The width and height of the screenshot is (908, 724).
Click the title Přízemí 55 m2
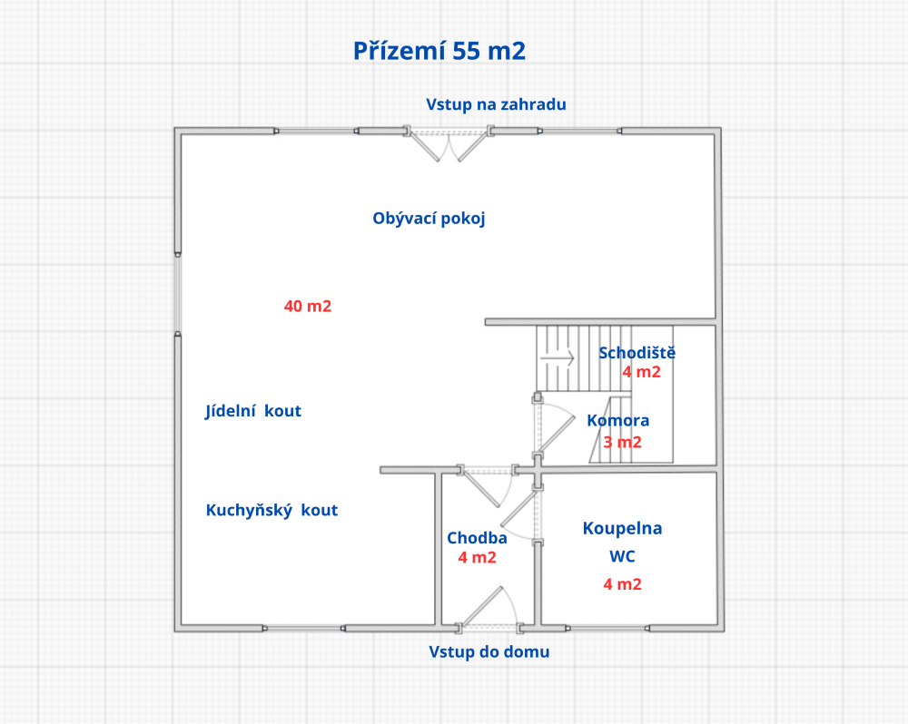(439, 52)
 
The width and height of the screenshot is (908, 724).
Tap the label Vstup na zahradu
(496, 104)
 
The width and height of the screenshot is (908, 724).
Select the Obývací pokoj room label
(429, 219)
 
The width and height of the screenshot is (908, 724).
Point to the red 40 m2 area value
(308, 307)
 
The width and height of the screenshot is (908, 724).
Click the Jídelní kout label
(253, 411)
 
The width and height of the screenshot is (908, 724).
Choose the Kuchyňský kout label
(271, 510)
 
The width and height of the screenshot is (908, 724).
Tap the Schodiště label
(637, 353)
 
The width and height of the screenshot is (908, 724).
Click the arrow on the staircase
(559, 358)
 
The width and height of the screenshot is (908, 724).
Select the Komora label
(617, 421)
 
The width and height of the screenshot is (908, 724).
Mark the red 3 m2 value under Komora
(622, 443)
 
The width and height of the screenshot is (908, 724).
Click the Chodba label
(477, 538)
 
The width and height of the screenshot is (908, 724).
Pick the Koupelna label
(622, 528)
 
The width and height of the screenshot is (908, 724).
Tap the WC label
(622, 555)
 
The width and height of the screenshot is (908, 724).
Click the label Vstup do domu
(489, 652)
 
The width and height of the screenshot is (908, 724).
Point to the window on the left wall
(178, 295)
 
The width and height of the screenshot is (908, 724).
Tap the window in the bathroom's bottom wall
(607, 628)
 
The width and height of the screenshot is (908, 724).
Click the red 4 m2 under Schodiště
(641, 372)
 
